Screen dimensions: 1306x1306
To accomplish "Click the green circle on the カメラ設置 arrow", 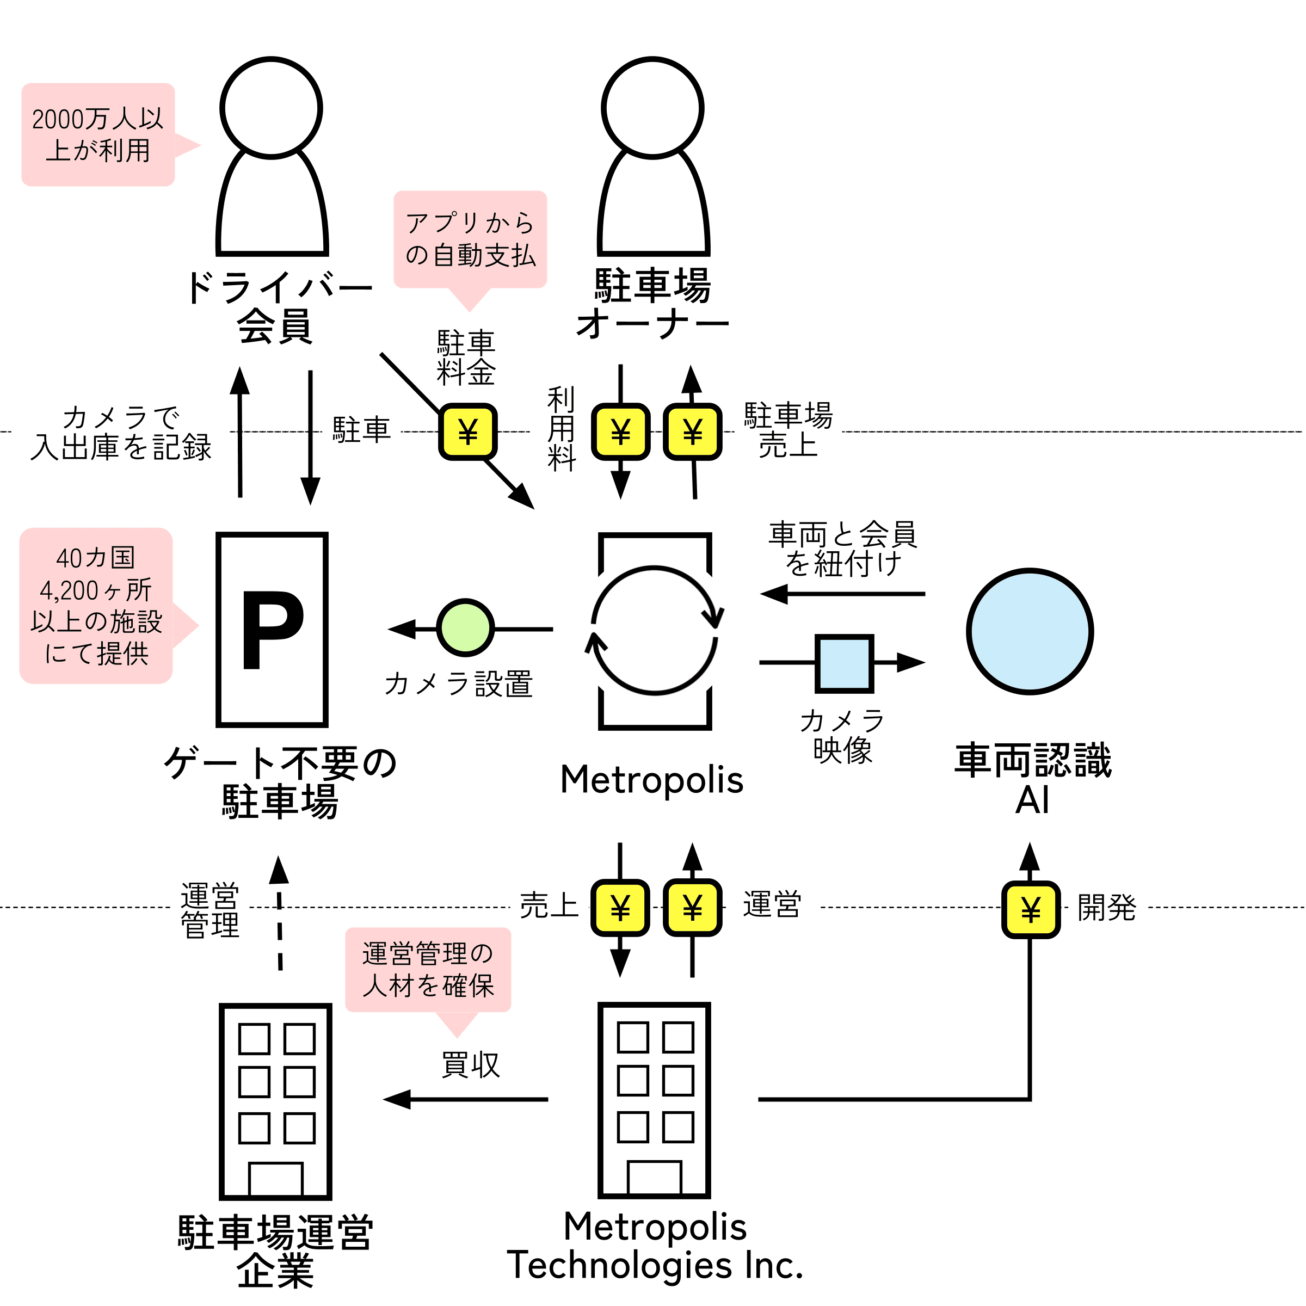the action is [x=465, y=627].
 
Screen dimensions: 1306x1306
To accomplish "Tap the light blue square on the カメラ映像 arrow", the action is [x=845, y=663].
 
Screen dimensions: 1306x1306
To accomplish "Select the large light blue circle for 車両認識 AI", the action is [x=1030, y=631].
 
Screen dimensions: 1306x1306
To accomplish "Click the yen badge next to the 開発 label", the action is [x=1030, y=910].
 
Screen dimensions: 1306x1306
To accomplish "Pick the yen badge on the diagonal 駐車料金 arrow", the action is [x=468, y=432].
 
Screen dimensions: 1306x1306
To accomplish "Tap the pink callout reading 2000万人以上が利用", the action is [x=98, y=134].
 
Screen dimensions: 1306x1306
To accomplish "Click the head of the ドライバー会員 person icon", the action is [x=271, y=108].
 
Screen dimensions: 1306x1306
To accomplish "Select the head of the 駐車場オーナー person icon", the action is [x=652, y=108].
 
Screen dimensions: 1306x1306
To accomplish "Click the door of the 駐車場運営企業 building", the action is [x=276, y=1179].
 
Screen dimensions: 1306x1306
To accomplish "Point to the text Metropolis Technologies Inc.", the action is [x=655, y=1246].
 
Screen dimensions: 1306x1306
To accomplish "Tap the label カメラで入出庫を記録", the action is [x=121, y=433].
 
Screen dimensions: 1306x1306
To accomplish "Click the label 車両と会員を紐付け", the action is [x=842, y=548].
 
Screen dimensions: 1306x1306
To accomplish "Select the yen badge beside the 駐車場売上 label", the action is [x=692, y=432].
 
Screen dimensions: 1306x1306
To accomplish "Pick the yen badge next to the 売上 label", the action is [x=620, y=907].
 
